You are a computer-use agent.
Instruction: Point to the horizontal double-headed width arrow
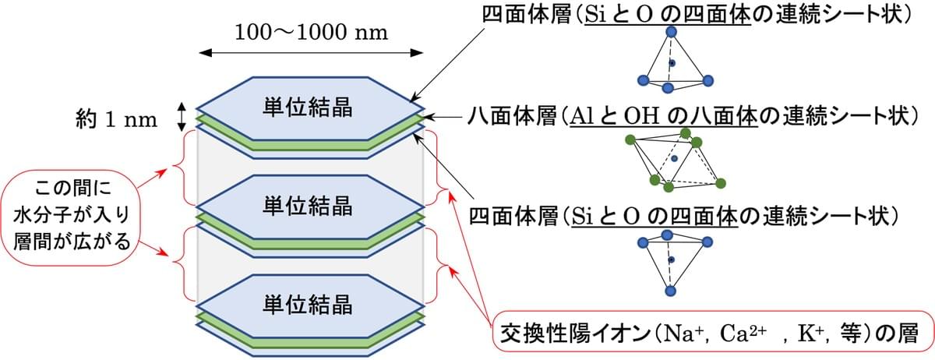pyautogui.click(x=312, y=53)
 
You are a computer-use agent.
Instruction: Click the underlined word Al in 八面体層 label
pyautogui.click(x=580, y=117)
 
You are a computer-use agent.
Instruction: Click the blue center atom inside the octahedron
pyautogui.click(x=674, y=158)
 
